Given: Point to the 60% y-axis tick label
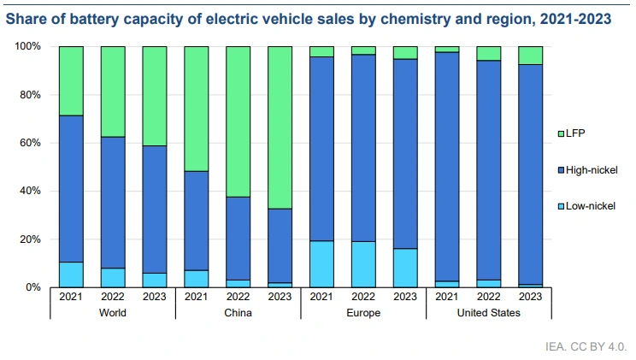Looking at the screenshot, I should (x=29, y=143).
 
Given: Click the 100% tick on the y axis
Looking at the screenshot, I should (x=26, y=46).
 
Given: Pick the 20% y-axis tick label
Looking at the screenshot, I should (x=29, y=239).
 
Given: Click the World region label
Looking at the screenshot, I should (x=113, y=313).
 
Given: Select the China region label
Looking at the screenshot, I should (x=238, y=313).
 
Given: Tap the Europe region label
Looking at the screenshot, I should (x=364, y=313).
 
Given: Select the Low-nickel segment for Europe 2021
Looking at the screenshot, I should (x=322, y=263).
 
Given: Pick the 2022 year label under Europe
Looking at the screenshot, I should (x=364, y=298).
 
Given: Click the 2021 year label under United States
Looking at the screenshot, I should (x=448, y=298).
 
